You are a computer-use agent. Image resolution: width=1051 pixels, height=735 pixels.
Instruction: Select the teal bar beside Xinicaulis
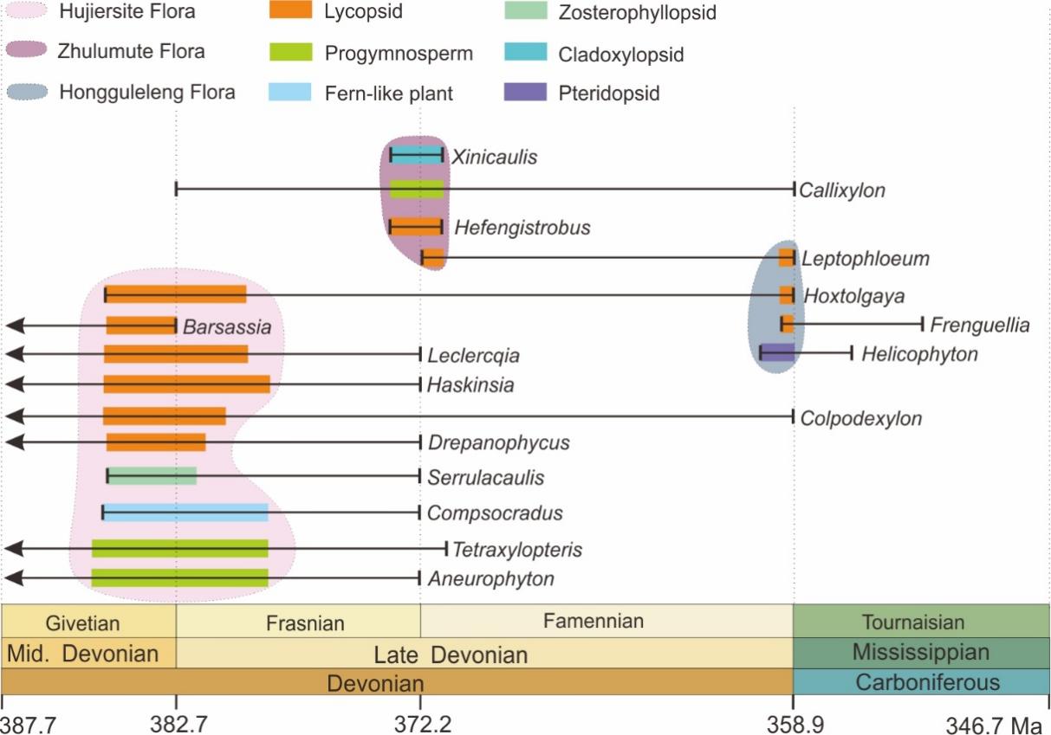(x=416, y=155)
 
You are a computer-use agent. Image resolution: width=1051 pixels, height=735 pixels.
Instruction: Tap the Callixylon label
(x=842, y=190)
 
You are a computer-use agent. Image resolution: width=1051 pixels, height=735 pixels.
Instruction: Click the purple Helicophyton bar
(x=777, y=351)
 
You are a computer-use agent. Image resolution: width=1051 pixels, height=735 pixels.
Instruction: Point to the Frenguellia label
(x=980, y=326)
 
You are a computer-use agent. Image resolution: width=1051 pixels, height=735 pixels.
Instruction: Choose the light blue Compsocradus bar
(x=185, y=513)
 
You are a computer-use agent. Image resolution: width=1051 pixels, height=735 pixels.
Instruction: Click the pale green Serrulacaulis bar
(x=152, y=475)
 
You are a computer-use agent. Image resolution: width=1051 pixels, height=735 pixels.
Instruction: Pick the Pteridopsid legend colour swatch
(x=524, y=92)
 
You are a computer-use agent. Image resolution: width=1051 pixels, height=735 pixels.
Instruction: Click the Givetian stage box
(x=89, y=622)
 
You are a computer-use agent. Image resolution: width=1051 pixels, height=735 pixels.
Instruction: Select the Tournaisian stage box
(x=920, y=622)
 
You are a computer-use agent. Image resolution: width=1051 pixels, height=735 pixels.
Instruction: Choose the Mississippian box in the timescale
(x=920, y=653)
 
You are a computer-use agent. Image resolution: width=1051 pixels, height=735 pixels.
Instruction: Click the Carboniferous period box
(x=920, y=681)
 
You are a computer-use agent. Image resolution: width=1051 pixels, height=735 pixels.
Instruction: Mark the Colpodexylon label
(x=861, y=418)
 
